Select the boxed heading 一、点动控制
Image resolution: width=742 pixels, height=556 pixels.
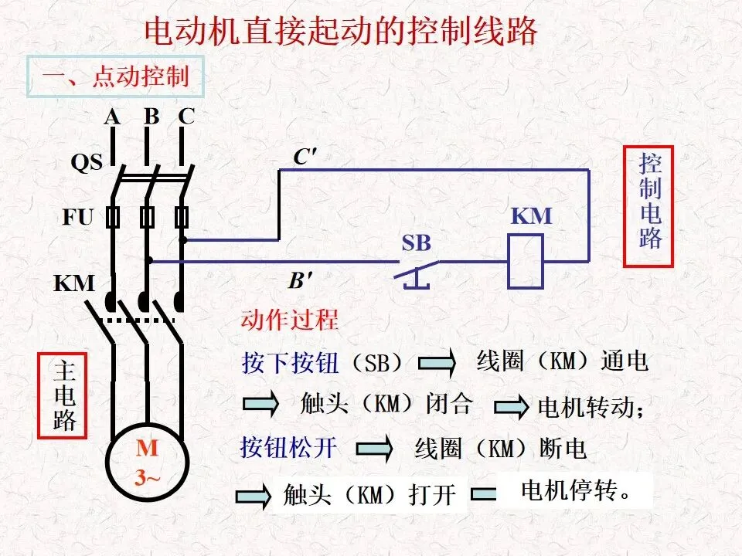[x=115, y=76]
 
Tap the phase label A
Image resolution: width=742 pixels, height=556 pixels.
[x=112, y=117]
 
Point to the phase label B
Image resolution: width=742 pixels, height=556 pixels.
[x=151, y=117]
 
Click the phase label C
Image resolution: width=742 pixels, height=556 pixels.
[x=186, y=117]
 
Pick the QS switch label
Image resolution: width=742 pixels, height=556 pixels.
[x=87, y=163]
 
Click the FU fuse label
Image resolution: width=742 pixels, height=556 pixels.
[x=77, y=218]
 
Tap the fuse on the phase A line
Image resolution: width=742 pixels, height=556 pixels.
[x=113, y=218]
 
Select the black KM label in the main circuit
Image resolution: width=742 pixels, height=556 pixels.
[x=74, y=283]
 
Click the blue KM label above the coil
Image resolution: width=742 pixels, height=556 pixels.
[x=532, y=216]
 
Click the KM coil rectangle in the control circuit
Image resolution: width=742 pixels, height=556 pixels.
[x=526, y=261]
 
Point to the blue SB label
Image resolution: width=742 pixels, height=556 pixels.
[x=417, y=243]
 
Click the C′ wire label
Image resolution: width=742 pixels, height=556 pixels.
[x=305, y=157]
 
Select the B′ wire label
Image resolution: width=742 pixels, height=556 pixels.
[x=301, y=281]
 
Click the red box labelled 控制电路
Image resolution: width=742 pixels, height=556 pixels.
[x=648, y=207]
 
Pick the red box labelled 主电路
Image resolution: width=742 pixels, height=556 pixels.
[x=63, y=395]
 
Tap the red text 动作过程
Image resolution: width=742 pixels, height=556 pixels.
[x=290, y=320]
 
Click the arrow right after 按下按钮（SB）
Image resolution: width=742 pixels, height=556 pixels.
[x=437, y=363]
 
